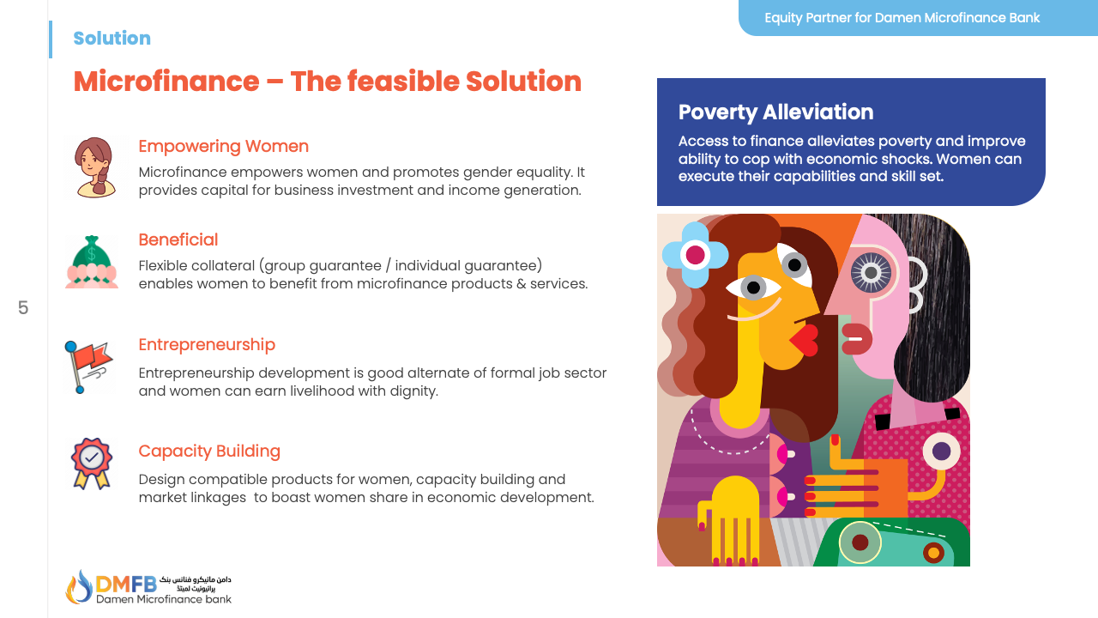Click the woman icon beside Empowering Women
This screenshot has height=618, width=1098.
click(x=94, y=167)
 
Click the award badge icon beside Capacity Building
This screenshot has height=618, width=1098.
click(x=91, y=463)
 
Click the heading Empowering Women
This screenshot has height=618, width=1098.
click(x=223, y=146)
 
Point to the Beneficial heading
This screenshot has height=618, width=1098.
click(x=178, y=239)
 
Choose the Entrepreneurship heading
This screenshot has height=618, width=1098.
click(x=207, y=344)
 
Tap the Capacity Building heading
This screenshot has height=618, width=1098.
click(x=209, y=451)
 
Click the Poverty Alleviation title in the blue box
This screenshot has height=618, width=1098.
click(x=775, y=112)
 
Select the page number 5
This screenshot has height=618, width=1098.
click(x=23, y=307)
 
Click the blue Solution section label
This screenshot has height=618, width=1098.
click(x=112, y=38)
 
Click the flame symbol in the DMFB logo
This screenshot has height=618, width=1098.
click(x=79, y=586)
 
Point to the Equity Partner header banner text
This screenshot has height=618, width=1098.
click(x=902, y=17)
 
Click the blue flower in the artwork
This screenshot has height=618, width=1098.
click(x=695, y=255)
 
